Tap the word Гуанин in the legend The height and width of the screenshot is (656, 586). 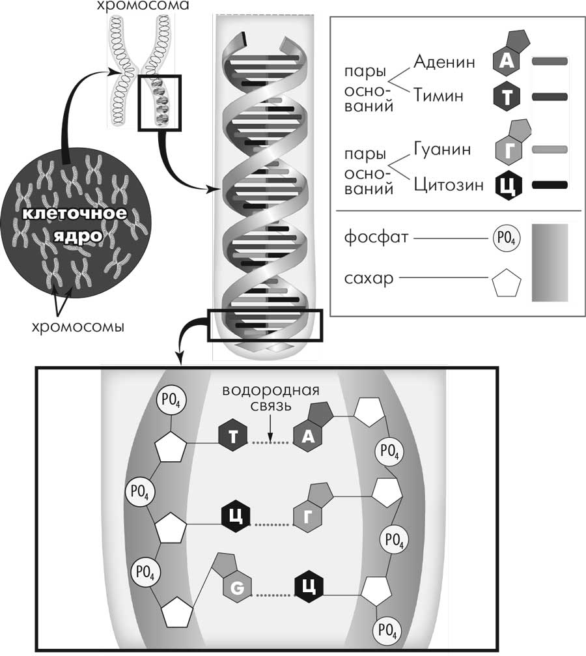pos(442,150)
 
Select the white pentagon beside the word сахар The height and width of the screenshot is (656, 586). pos(506,284)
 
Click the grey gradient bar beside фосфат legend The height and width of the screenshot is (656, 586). pos(550,263)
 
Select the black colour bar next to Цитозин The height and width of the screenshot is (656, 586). pos(550,186)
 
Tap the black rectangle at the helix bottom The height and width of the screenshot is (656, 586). pos(264,325)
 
